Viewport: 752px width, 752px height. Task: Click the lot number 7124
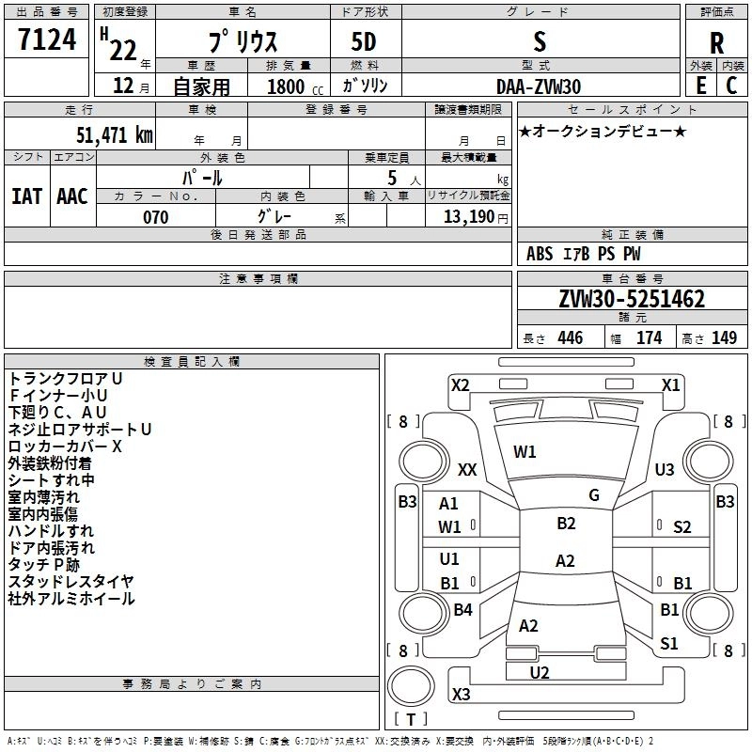tap(46, 41)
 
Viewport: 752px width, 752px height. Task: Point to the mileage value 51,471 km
tap(109, 134)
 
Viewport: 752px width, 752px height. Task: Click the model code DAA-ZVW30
tap(539, 86)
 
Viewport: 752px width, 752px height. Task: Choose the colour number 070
tap(155, 217)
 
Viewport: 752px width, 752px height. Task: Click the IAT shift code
tap(26, 196)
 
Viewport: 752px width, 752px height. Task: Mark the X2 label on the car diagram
tap(460, 384)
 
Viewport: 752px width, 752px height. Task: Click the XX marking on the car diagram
tap(467, 469)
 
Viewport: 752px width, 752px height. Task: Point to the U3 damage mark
tap(665, 469)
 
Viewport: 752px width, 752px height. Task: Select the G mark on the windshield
tap(593, 494)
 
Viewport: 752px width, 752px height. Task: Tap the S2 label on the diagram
tap(681, 526)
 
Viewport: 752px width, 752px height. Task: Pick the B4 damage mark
tap(462, 610)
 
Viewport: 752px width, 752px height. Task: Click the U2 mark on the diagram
tap(539, 672)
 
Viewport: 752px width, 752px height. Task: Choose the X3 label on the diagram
tap(461, 695)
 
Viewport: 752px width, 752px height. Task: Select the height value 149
tap(724, 337)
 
